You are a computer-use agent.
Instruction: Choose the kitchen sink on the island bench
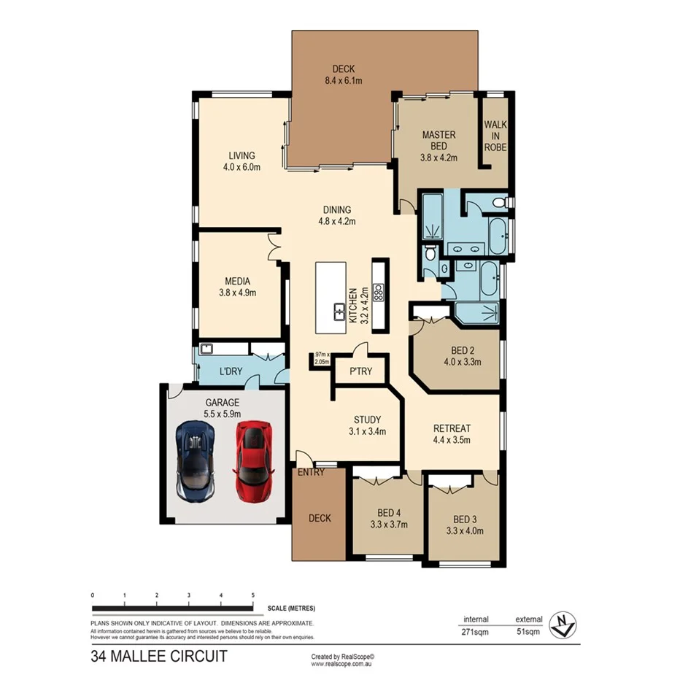[340, 312]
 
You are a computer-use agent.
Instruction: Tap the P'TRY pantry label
[360, 371]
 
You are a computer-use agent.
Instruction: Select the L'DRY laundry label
[231, 371]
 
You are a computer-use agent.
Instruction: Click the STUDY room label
[367, 420]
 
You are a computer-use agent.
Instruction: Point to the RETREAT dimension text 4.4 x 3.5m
[452, 440]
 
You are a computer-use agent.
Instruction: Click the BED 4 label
[389, 512]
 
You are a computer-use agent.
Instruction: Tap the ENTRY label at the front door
[310, 472]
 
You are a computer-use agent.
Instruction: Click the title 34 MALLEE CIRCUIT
[158, 655]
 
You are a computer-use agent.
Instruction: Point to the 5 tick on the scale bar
[252, 596]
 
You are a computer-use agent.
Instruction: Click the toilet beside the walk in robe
[500, 202]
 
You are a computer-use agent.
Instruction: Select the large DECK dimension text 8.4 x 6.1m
[342, 80]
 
